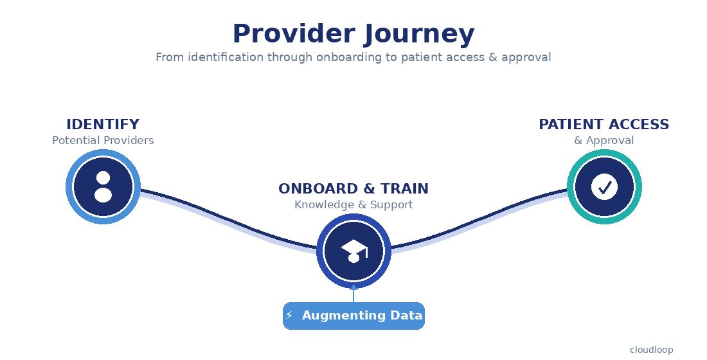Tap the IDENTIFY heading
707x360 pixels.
[103, 125]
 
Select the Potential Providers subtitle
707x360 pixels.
[103, 140]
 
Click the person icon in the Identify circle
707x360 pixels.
[103, 187]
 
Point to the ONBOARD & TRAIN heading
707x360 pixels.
[353, 189]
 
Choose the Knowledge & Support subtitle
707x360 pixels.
[353, 204]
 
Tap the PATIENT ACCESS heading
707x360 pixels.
[604, 125]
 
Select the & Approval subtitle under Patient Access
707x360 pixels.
[604, 140]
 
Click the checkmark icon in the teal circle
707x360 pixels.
[604, 187]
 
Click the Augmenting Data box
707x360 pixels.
[353, 316]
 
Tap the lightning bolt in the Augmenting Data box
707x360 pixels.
[289, 316]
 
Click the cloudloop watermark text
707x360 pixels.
[651, 350]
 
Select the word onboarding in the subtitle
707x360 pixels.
[345, 57]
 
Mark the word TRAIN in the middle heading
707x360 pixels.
[404, 189]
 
